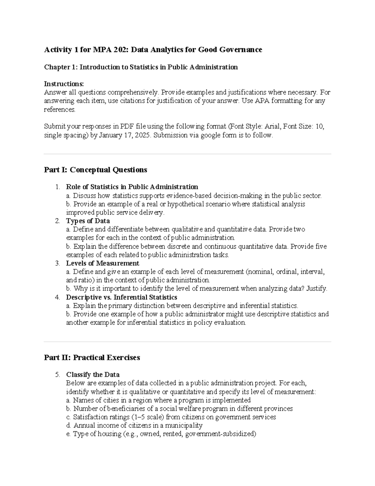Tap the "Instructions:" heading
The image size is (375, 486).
64,84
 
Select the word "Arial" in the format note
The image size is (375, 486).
273,126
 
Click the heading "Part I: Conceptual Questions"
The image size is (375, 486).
95,170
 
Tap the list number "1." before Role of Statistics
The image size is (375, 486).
57,187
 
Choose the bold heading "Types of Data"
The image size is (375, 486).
88,221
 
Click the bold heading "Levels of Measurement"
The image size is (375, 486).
102,263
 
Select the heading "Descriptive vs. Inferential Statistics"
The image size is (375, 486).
122,297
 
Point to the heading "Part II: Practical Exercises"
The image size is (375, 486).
92,358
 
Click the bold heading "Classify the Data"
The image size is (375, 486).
93,375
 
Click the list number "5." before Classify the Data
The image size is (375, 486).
57,375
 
